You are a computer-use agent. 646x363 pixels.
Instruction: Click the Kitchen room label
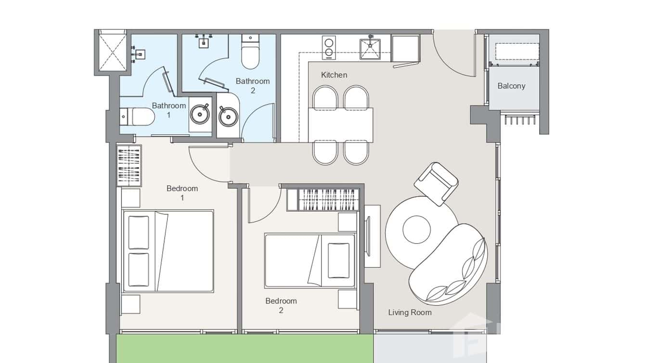pyautogui.click(x=334, y=75)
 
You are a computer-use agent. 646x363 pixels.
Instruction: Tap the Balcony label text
pyautogui.click(x=511, y=86)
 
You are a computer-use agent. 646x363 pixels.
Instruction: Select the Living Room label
pyautogui.click(x=410, y=312)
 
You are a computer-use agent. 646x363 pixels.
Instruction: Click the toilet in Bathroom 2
pyautogui.click(x=250, y=53)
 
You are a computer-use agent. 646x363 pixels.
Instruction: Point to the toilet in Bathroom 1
pyautogui.click(x=138, y=116)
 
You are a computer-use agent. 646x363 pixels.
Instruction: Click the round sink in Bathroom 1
pyautogui.click(x=199, y=115)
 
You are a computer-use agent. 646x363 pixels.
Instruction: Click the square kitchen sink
pyautogui.click(x=370, y=49)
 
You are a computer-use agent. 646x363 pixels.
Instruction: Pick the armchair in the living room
pyautogui.click(x=436, y=183)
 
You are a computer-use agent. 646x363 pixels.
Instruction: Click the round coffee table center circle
pyautogui.click(x=416, y=230)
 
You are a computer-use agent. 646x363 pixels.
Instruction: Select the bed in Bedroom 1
pyautogui.click(x=168, y=251)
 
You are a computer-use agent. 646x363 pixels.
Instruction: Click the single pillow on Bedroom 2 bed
pyautogui.click(x=338, y=260)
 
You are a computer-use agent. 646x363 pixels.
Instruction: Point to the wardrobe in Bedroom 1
pyautogui.click(x=129, y=165)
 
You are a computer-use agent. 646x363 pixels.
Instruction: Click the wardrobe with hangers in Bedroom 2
pyautogui.click(x=323, y=199)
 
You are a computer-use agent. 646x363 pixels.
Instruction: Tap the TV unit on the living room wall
pyautogui.click(x=370, y=236)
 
